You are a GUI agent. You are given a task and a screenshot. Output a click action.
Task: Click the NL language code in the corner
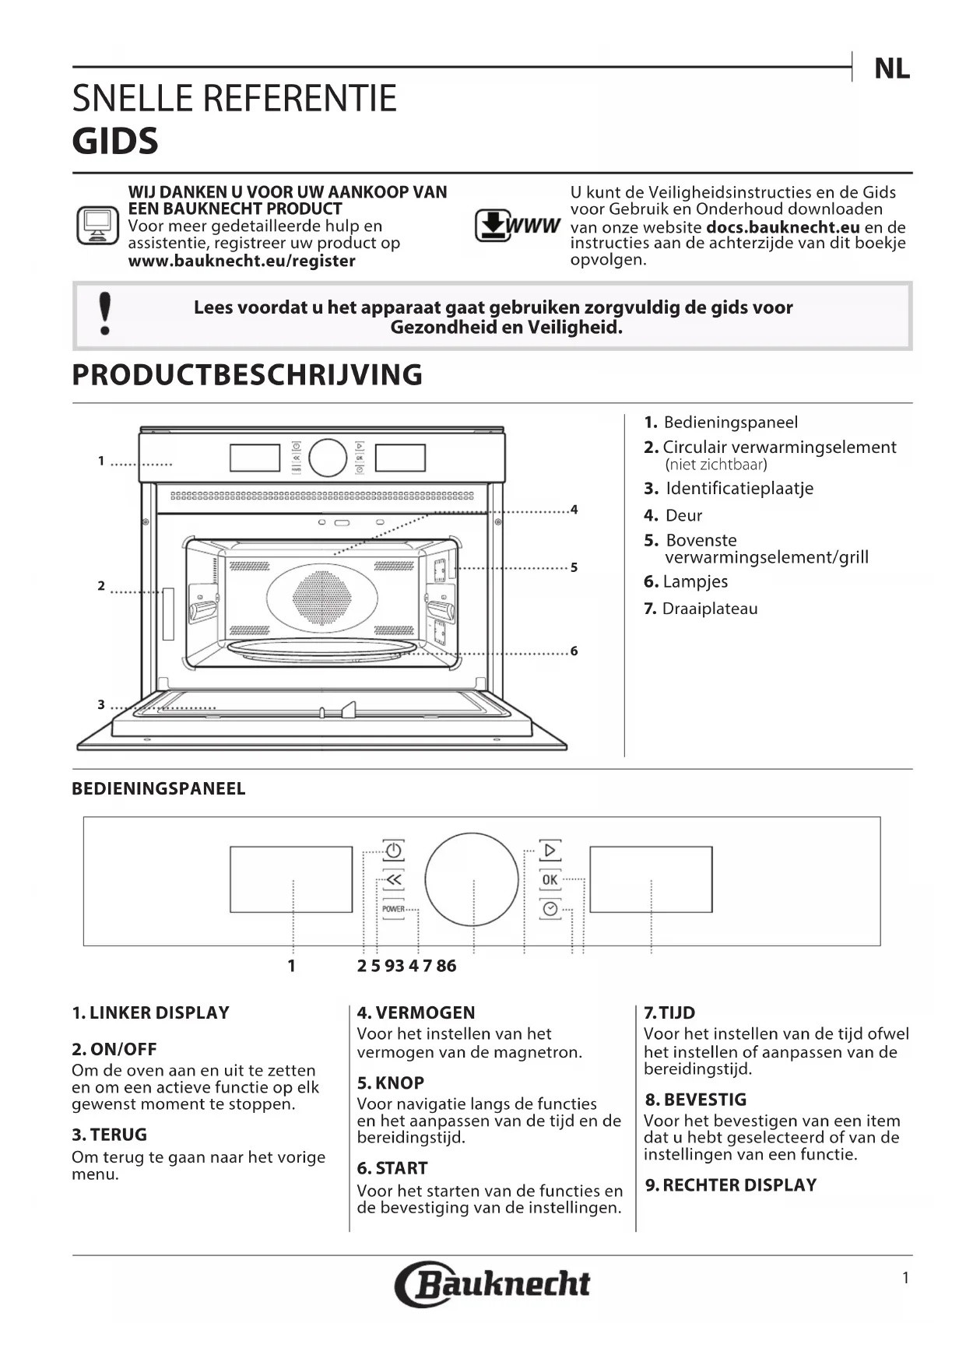(x=891, y=68)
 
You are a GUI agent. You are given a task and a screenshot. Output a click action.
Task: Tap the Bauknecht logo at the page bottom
(x=493, y=1283)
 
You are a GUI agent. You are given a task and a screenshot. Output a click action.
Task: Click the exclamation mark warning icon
(x=105, y=314)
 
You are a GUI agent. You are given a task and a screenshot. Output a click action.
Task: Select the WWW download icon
(x=516, y=226)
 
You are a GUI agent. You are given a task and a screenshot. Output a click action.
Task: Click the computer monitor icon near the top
(x=97, y=226)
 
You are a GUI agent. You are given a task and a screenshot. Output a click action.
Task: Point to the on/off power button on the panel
(x=393, y=850)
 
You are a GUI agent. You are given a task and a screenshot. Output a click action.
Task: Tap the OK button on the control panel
(x=550, y=879)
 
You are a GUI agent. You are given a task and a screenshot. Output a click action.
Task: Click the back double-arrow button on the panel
(x=393, y=879)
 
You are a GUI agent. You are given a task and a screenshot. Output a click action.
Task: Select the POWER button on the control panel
(x=393, y=909)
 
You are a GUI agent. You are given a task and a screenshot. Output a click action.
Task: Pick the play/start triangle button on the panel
(x=550, y=850)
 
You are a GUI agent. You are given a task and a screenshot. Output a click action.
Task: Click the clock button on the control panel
(x=550, y=909)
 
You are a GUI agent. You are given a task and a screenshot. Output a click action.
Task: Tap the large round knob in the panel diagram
(x=472, y=879)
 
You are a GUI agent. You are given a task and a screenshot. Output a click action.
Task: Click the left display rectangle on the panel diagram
(x=291, y=879)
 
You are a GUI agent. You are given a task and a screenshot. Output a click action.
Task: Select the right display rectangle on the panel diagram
(x=651, y=879)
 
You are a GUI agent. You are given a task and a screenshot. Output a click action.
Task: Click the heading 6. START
(x=392, y=1168)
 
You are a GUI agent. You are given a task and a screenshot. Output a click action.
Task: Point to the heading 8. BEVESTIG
(x=695, y=1100)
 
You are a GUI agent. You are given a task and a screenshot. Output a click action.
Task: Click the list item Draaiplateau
(x=709, y=609)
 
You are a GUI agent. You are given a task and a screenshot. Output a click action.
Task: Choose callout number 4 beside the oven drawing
(x=574, y=510)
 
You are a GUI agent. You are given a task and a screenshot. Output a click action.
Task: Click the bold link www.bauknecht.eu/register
(x=241, y=261)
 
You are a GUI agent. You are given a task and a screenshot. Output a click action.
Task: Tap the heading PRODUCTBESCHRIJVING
(x=247, y=375)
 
